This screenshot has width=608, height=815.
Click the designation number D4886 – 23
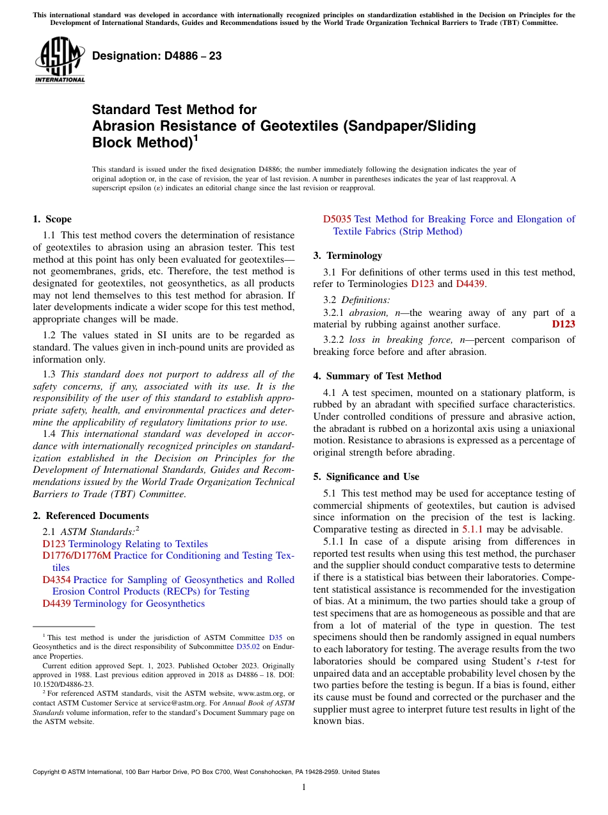(x=157, y=56)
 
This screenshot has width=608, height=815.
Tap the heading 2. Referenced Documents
(x=90, y=516)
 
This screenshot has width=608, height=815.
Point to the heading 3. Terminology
(x=348, y=256)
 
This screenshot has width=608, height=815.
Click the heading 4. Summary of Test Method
(x=377, y=376)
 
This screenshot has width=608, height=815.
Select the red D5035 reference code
(x=337, y=219)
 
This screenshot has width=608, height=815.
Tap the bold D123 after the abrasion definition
(x=563, y=324)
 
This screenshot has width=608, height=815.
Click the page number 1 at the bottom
(x=304, y=787)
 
